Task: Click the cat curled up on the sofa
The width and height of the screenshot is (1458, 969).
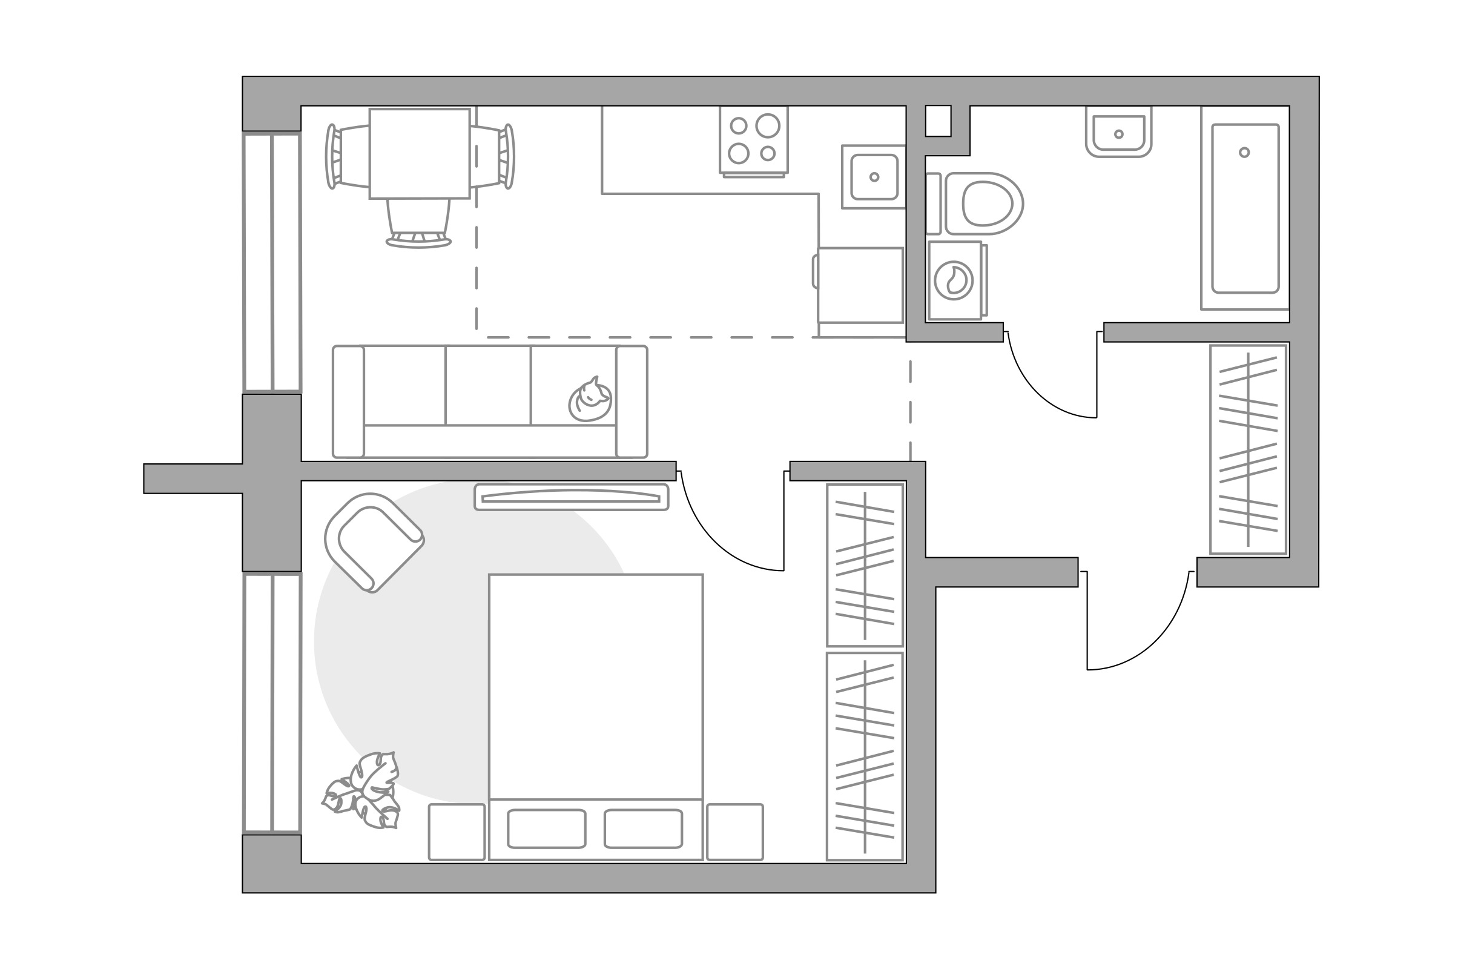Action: point(590,401)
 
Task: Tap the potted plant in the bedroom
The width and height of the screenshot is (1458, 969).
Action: point(363,792)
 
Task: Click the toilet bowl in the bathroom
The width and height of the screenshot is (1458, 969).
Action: point(986,203)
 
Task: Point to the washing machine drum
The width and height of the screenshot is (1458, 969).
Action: point(953,280)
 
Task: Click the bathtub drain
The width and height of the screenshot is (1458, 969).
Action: point(1244,153)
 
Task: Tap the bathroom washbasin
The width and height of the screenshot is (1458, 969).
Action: point(1118,134)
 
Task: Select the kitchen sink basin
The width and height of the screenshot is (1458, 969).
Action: point(874,177)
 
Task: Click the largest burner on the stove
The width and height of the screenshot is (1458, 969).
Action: point(768,125)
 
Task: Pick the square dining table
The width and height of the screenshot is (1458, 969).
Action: point(420,154)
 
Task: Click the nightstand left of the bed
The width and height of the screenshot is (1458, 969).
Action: point(457,832)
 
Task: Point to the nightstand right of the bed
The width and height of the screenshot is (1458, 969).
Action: point(734,832)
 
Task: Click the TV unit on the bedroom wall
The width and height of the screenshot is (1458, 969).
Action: point(571,497)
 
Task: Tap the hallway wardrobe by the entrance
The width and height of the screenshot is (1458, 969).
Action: point(1248,449)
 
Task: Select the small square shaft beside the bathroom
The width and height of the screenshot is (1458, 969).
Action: point(938,121)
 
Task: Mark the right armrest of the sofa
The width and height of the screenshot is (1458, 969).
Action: point(632,402)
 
